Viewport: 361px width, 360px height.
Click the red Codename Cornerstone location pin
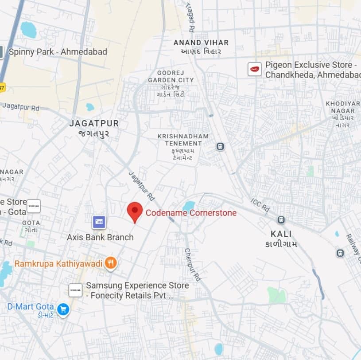[x=135, y=211]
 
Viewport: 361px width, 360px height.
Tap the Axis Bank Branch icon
[x=99, y=222]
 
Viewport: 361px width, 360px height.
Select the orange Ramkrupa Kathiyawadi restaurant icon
[x=111, y=264]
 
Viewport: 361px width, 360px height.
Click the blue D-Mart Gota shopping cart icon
[x=63, y=309]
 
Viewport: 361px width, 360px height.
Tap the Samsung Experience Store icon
[x=75, y=290]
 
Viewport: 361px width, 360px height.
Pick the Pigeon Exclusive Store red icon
[x=254, y=69]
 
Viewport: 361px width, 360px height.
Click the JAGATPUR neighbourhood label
[x=94, y=124]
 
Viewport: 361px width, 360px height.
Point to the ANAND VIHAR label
[x=201, y=43]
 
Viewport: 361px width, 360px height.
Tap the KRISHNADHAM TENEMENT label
[x=183, y=140]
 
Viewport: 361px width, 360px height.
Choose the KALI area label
[x=281, y=234]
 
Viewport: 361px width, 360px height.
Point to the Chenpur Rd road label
[x=193, y=265]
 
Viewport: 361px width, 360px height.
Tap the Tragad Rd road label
[x=191, y=20]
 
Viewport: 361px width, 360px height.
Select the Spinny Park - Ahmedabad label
[x=58, y=52]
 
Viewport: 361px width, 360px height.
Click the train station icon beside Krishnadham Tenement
[x=220, y=146]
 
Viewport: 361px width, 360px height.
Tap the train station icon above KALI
[x=281, y=220]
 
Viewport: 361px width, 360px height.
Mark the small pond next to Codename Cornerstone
[x=189, y=206]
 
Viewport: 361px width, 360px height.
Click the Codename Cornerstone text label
[x=191, y=213]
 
